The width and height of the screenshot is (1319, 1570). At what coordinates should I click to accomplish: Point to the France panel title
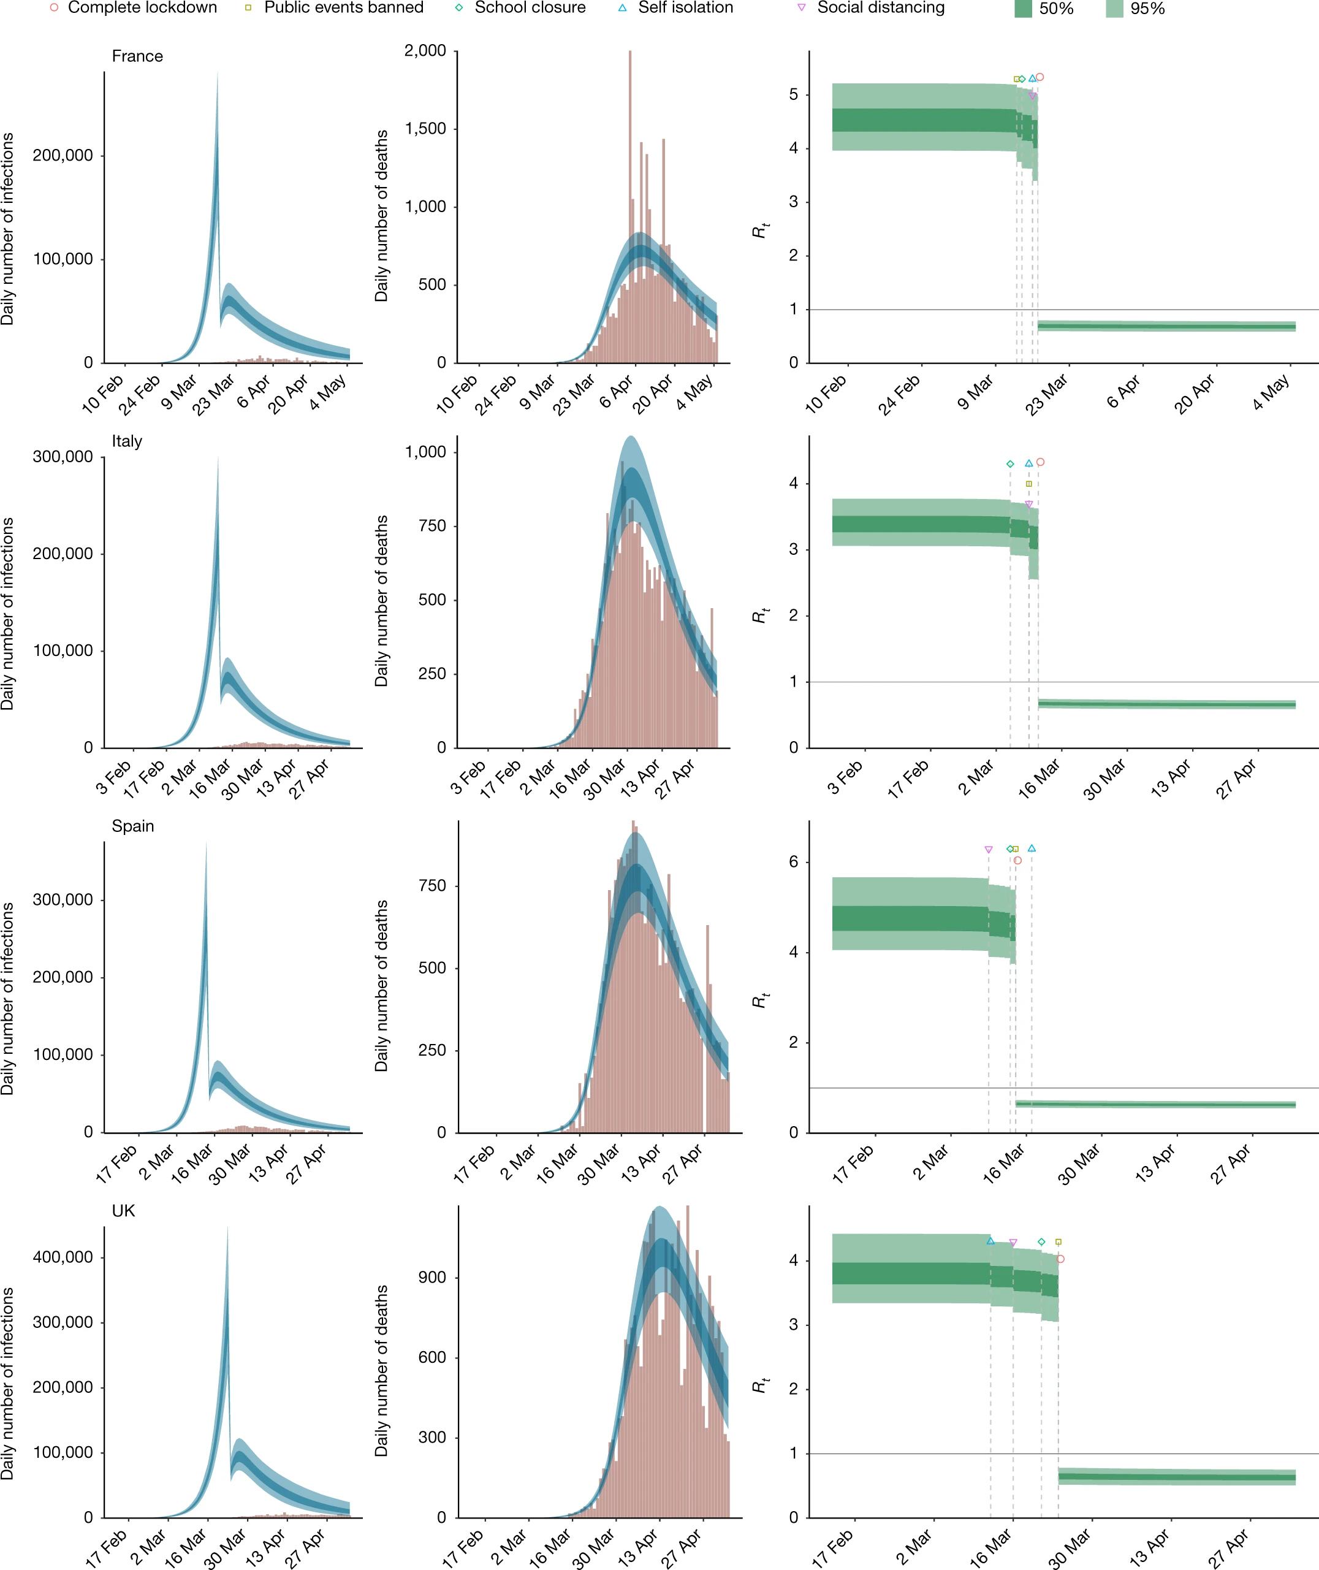(137, 56)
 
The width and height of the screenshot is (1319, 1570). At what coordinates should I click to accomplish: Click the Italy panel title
(127, 441)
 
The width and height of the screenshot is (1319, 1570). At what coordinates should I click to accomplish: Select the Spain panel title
(133, 826)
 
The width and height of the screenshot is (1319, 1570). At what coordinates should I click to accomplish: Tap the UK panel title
(123, 1211)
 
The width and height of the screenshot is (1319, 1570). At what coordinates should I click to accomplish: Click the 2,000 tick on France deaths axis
(425, 51)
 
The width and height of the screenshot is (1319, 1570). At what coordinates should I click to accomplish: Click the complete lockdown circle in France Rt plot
(1040, 77)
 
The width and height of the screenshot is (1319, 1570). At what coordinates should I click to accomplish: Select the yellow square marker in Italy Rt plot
(1029, 484)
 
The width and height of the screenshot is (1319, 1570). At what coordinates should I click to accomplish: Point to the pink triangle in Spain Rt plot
(989, 850)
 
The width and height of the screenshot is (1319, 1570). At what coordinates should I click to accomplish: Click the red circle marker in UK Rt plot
(1060, 1259)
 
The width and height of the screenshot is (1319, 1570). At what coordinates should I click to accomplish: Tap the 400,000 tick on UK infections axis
(63, 1257)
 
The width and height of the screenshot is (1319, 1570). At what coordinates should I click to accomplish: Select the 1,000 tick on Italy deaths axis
(425, 452)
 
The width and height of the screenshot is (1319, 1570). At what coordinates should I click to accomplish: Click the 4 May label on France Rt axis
(1271, 393)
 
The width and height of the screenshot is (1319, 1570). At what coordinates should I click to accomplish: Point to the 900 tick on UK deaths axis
(432, 1277)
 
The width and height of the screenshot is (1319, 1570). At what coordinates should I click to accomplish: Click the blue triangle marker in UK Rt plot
(990, 1241)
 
